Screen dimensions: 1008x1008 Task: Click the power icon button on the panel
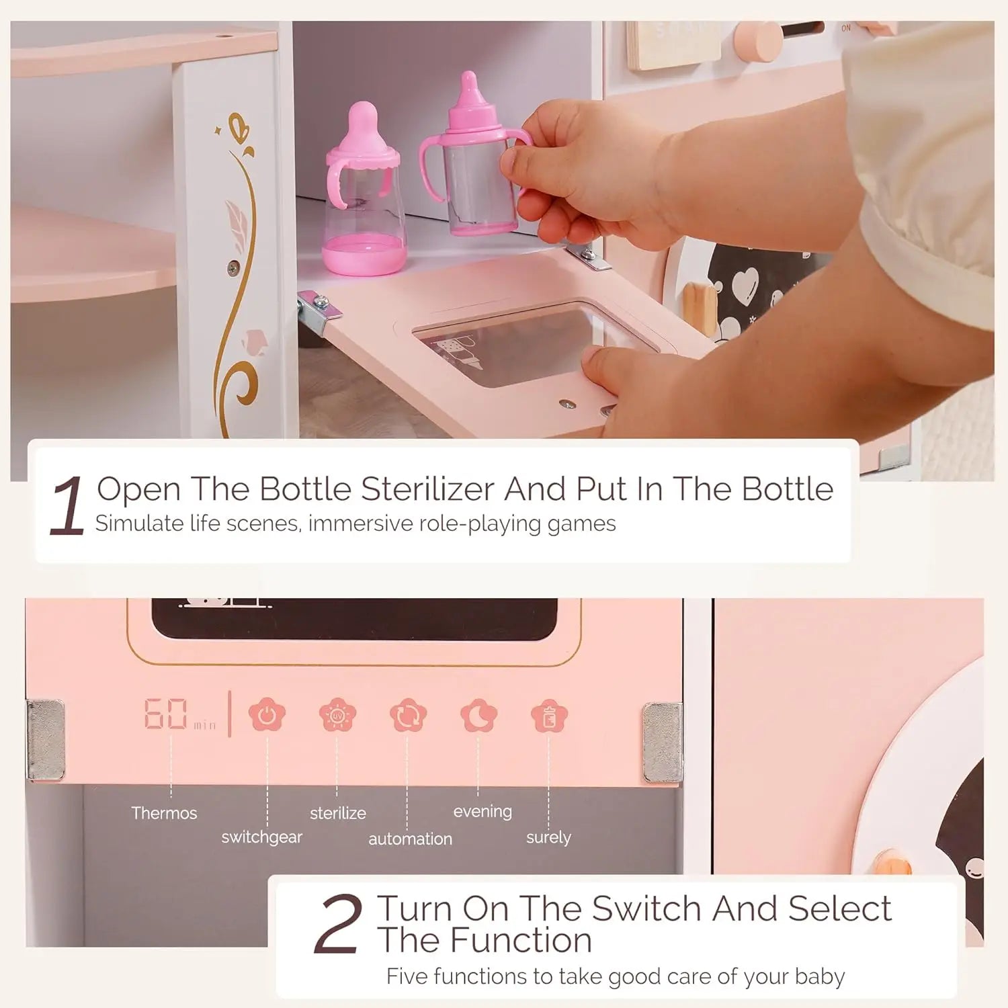(267, 716)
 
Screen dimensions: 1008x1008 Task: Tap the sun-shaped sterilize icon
(337, 716)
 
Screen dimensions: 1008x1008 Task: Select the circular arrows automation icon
(408, 716)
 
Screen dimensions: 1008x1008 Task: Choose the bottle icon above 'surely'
(549, 716)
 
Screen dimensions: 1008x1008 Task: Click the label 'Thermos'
(164, 813)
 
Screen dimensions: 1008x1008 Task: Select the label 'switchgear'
(261, 837)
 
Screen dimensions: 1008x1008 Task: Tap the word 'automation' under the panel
(410, 839)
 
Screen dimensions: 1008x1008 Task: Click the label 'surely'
(548, 837)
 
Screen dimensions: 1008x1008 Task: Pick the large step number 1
(67, 505)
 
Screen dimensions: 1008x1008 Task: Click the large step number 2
(338, 925)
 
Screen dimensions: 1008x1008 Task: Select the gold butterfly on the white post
(239, 128)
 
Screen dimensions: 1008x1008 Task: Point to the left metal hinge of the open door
(319, 310)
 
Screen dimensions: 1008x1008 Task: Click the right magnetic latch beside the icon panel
(661, 742)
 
